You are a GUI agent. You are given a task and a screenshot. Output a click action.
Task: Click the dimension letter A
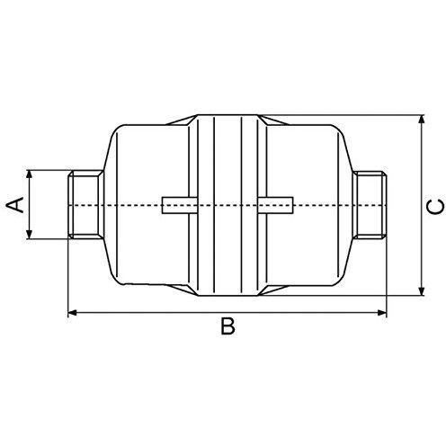14,205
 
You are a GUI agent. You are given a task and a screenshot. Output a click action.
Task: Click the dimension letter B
227,326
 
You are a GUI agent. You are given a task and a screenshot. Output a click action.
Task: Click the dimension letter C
435,207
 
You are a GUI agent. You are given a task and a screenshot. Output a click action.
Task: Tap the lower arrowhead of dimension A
29,234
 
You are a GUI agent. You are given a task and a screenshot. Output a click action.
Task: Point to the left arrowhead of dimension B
73,313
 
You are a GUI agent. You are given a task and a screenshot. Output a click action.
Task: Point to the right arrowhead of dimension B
381,313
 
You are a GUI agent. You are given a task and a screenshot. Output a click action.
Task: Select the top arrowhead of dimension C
422,120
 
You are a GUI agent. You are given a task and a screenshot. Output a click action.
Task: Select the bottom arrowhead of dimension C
422,290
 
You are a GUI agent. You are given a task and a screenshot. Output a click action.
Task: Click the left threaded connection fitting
85,205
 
